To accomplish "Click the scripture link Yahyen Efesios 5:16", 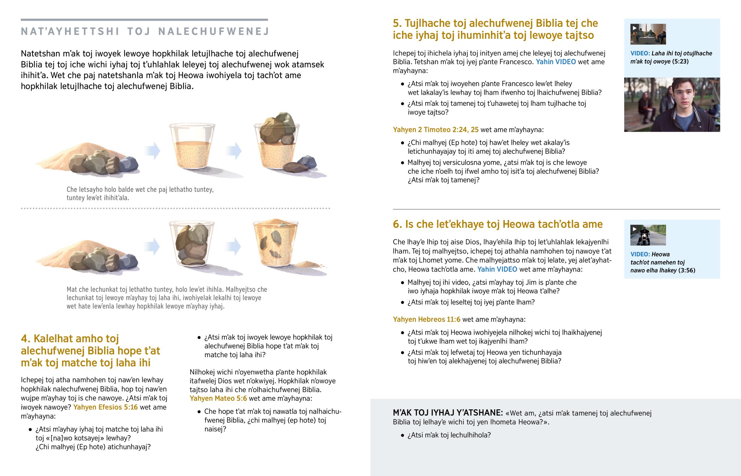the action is [x=106, y=407].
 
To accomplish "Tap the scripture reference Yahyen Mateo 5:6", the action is [x=218, y=399].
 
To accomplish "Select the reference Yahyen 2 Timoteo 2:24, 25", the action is [x=435, y=130].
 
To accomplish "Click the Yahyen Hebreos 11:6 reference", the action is [x=426, y=319].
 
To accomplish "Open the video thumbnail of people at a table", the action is [x=648, y=34].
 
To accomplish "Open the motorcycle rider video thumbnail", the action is [x=648, y=235].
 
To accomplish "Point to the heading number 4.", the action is [x=26, y=338].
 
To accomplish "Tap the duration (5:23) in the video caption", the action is [x=680, y=61].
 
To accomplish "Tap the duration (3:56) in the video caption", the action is [x=687, y=271].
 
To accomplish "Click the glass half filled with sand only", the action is [x=192, y=147].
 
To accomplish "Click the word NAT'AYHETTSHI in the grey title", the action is [x=70, y=31].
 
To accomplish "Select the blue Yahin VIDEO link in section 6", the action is [x=497, y=269].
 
